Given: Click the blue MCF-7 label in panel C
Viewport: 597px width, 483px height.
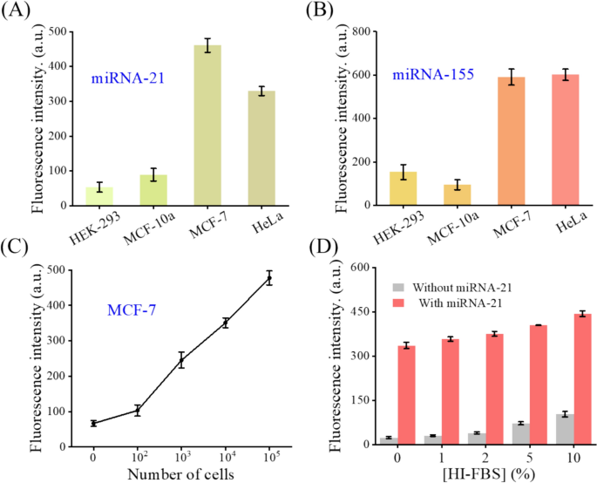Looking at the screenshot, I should tap(132, 334).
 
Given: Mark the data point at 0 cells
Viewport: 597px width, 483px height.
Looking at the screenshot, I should tap(93, 423).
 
